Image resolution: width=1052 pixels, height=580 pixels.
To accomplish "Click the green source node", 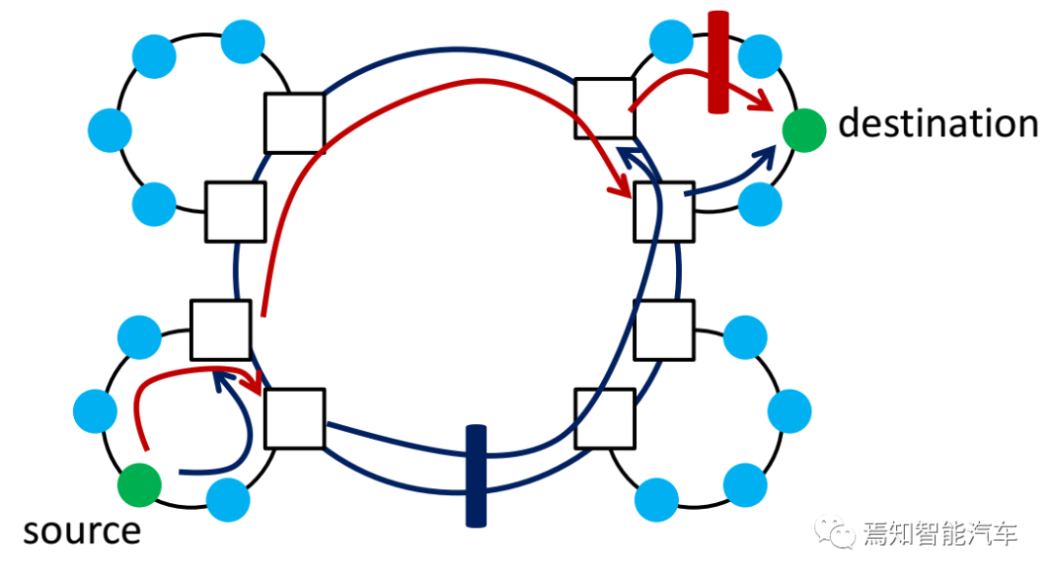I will click(139, 484).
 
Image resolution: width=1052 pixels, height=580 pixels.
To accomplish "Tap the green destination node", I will click(804, 130).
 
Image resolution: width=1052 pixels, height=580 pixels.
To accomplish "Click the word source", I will click(82, 532).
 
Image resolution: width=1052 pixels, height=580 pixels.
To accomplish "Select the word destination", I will click(938, 125).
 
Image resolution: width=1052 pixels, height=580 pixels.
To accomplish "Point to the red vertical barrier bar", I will click(719, 62).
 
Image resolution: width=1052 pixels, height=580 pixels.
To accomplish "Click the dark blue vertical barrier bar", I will click(475, 476).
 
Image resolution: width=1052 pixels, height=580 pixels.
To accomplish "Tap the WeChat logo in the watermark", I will click(838, 532).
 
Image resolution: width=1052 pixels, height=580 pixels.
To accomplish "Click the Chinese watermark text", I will click(940, 533).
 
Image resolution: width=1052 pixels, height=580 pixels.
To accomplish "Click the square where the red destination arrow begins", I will click(604, 107).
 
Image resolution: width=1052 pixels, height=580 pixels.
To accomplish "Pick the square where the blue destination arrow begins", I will click(663, 211).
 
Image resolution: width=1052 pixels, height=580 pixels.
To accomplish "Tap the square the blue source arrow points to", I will click(219, 329).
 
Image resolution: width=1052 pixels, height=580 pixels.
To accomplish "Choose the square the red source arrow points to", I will click(294, 418).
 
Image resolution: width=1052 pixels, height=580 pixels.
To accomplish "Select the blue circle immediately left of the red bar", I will click(671, 41).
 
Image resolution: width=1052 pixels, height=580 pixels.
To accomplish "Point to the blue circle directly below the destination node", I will click(760, 203).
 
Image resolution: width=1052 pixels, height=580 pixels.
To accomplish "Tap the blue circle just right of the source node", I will click(229, 498).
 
